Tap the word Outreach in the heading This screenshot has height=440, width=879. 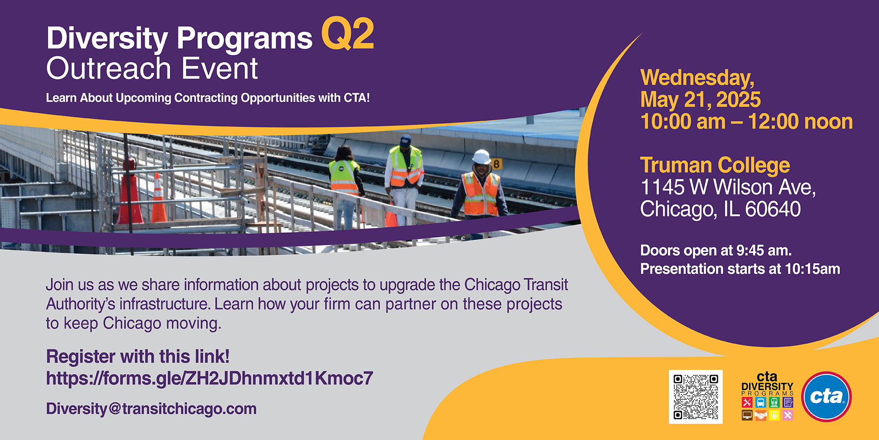click(109, 69)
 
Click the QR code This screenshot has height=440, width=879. click(695, 397)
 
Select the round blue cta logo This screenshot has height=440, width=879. click(826, 396)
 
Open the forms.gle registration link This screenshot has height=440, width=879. click(210, 379)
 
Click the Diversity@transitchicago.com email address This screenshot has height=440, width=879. click(151, 408)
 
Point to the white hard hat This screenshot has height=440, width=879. click(481, 157)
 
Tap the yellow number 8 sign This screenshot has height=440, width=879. click(496, 164)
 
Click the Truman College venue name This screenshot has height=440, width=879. click(715, 165)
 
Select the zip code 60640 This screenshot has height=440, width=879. click(773, 209)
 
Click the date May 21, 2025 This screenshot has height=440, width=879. click(700, 99)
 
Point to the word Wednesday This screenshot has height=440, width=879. click(697, 77)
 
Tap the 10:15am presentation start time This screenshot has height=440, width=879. click(813, 269)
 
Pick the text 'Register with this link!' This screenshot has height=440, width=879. click(138, 357)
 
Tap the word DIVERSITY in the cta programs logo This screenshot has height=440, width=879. click(767, 386)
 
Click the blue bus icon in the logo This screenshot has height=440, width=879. click(760, 402)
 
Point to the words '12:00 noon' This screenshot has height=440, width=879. click(800, 121)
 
